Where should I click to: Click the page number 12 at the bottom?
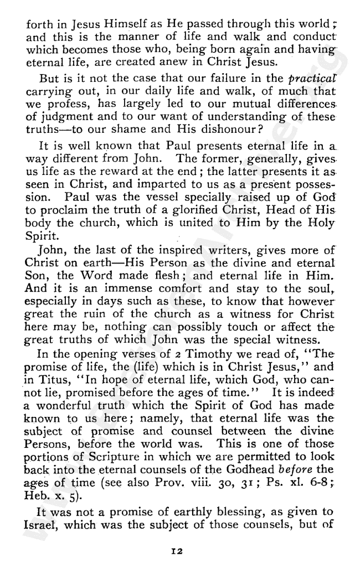point(177,551)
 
